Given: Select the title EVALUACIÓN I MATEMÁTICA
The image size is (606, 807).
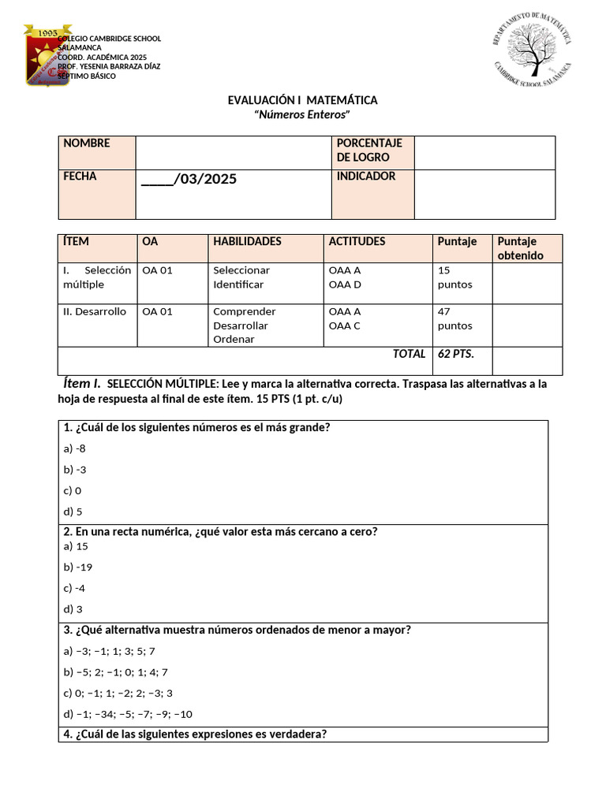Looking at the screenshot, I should tap(302, 100).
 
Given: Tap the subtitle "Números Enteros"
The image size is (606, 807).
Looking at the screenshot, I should tap(302, 114).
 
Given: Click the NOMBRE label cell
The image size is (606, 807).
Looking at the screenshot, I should tap(87, 143).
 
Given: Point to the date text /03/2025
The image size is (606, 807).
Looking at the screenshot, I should tap(189, 180).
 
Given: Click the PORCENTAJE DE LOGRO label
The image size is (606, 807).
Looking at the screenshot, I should tap(369, 150).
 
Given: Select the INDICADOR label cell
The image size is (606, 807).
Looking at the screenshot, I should tap(366, 177).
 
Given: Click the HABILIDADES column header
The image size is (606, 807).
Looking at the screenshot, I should tap(247, 241).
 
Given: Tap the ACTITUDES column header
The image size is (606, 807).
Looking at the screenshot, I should tap(357, 241).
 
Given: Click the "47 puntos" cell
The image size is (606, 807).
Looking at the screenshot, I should tap(455, 318).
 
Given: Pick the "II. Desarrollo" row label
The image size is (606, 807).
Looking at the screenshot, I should tap(94, 311).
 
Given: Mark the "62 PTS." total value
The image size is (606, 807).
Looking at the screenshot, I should tap(456, 354).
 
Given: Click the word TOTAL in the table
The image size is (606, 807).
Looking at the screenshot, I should tap(409, 354).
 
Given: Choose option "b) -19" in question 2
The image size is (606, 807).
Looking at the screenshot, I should tap(78, 567).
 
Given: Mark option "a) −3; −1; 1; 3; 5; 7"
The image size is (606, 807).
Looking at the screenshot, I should tap(109, 651).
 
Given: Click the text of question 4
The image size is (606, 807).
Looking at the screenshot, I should tap(194, 734).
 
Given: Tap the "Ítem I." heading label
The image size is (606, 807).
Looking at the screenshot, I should tap(81, 384).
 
